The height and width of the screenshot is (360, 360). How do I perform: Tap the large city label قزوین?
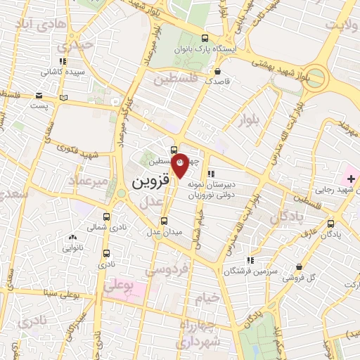click(150, 181)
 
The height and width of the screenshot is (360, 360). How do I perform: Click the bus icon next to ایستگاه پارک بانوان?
click(204, 39)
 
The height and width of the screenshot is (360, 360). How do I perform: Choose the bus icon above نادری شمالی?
click(107, 217)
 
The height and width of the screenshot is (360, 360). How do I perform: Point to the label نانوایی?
click(73, 247)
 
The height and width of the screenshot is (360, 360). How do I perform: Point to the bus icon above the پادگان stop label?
click(331, 224)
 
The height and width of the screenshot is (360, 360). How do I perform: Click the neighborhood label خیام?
click(207, 297)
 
